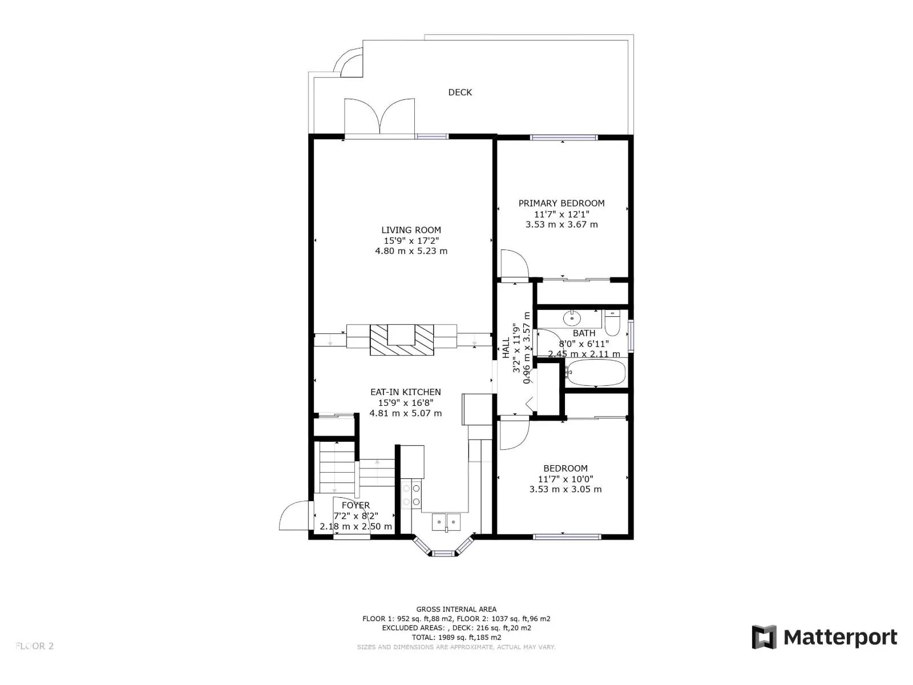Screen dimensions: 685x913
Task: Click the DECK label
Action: (x=460, y=92)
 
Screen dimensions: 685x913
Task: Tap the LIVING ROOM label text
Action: (x=411, y=230)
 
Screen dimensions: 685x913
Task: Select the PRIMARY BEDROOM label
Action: (x=561, y=203)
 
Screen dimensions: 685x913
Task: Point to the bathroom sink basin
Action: (x=571, y=317)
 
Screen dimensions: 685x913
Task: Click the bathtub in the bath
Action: (x=596, y=373)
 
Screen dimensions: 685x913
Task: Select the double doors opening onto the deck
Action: (x=379, y=118)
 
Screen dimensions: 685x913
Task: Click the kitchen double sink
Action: (x=446, y=521)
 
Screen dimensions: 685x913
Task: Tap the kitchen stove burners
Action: (x=411, y=494)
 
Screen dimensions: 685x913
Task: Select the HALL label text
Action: (x=506, y=348)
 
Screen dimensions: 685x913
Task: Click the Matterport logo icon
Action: (x=764, y=637)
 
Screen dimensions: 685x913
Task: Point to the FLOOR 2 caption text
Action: (x=35, y=646)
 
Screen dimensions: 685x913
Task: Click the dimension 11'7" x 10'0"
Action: (x=565, y=479)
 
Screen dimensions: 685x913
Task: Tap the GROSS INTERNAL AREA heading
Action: (x=456, y=609)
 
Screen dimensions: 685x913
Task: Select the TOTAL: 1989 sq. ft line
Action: (x=456, y=637)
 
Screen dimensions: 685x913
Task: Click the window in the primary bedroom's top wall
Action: (x=563, y=138)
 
